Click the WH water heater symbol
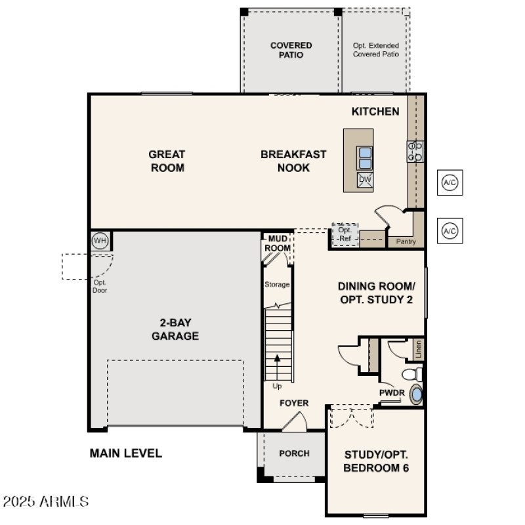[x=100, y=241]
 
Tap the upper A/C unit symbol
[x=450, y=182]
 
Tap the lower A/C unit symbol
[x=450, y=231]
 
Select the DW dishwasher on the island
[x=365, y=180]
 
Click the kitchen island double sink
[x=365, y=157]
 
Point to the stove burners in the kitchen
[x=415, y=152]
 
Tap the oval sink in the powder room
[x=417, y=395]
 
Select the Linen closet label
[x=418, y=349]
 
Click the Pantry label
[x=406, y=241]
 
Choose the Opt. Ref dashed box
[x=345, y=234]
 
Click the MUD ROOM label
[x=277, y=244]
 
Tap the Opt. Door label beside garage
[x=100, y=286]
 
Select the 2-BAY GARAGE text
[x=175, y=329]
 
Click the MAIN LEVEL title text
[x=125, y=453]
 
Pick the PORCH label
[x=294, y=453]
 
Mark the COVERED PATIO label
[x=291, y=50]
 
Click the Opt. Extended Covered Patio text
[x=376, y=50]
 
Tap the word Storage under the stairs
[x=277, y=284]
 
